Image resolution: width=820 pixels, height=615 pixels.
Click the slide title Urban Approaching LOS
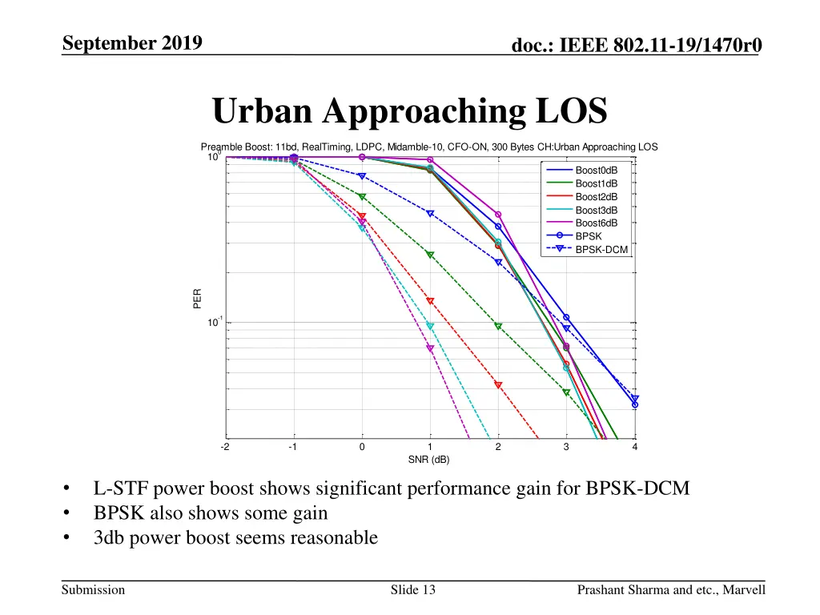click(409, 111)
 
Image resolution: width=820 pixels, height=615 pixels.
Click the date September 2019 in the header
click(132, 43)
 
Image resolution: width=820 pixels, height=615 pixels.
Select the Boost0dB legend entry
click(596, 171)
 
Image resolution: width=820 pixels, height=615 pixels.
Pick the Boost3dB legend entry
click(596, 210)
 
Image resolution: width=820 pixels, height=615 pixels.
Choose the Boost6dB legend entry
click(596, 223)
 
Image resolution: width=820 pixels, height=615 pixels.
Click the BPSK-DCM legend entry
click(601, 250)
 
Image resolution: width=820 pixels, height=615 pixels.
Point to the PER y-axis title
click(197, 298)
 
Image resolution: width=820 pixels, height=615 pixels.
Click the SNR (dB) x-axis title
click(429, 459)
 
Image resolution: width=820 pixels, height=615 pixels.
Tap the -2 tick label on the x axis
click(225, 448)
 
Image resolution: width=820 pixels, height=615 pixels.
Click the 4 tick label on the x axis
click(634, 448)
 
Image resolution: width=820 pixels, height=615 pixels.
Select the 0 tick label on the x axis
click(362, 448)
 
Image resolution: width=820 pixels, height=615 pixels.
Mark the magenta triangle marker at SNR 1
click(430, 348)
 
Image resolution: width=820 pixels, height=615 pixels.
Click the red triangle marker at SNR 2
click(498, 385)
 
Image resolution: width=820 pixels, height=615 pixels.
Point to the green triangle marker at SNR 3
click(566, 392)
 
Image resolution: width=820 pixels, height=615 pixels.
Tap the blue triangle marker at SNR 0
click(362, 176)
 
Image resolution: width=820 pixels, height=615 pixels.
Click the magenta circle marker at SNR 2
click(498, 215)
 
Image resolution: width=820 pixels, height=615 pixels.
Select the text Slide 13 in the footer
click(412, 590)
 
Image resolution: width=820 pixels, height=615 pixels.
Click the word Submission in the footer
click(94, 590)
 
